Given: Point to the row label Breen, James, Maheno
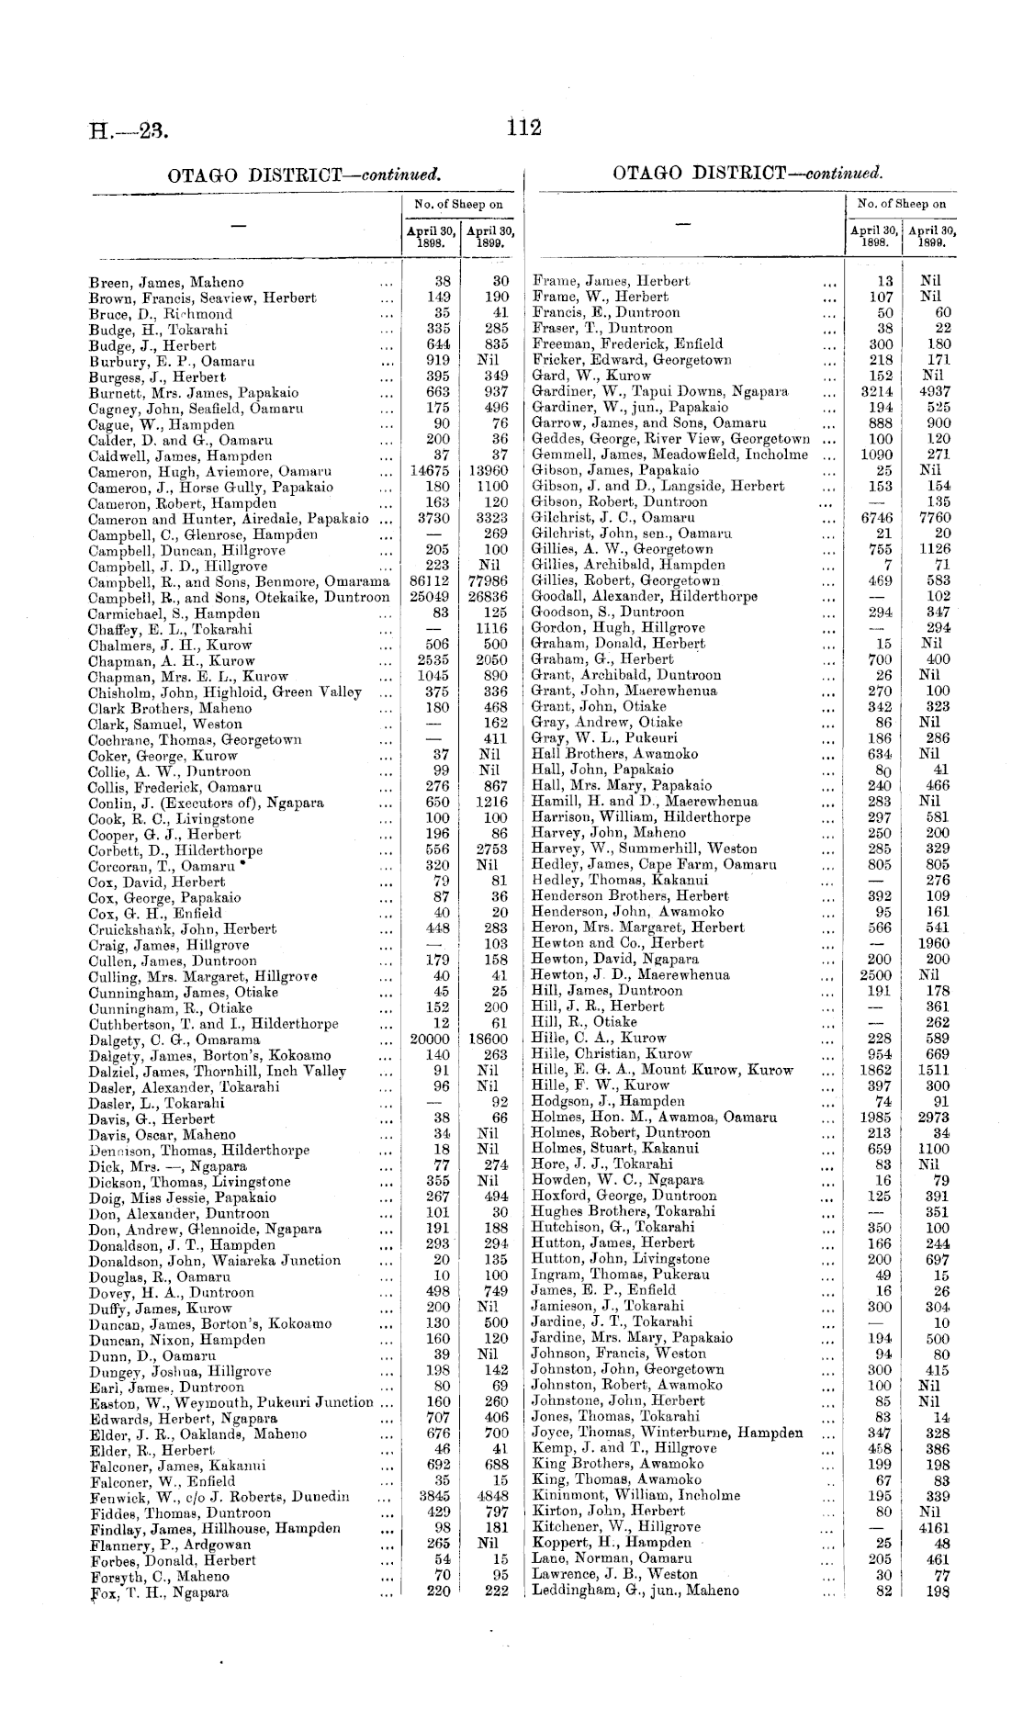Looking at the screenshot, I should (166, 283).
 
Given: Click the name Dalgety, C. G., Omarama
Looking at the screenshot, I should (174, 1040).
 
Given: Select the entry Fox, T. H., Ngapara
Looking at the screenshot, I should (159, 1593).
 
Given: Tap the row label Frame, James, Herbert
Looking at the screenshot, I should (611, 281).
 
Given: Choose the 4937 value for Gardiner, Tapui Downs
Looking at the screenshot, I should (935, 391).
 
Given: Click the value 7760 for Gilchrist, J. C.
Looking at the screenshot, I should (935, 518).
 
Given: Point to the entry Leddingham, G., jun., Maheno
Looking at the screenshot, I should (635, 1591).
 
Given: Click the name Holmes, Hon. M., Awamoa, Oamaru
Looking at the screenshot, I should (655, 1118).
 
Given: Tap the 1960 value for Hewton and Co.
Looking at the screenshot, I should (935, 943).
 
